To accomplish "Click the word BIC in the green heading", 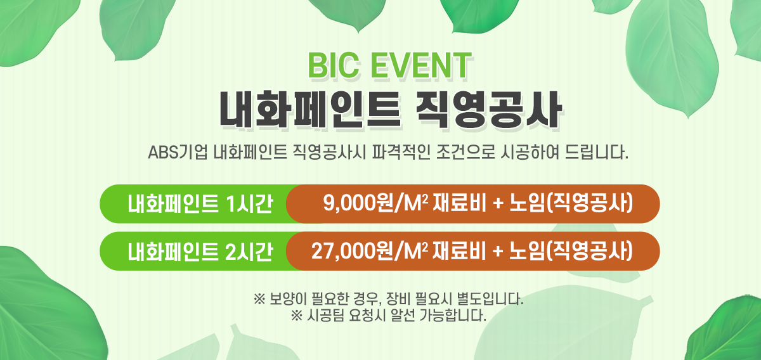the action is coord(334,65).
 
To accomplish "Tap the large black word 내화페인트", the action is coord(310,110).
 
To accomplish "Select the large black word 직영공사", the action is coord(489,110).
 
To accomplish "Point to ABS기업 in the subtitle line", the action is coord(178,153).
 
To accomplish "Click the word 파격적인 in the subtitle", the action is coord(401,153).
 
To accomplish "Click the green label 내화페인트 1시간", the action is coord(200,204).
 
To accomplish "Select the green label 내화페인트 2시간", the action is coord(200,252).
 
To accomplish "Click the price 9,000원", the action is coord(358,203).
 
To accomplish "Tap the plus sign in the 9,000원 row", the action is coord(498,205).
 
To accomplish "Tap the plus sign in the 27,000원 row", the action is coord(498,252).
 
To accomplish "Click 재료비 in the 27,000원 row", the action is coord(459,252).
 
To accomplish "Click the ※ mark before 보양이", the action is coord(259,299).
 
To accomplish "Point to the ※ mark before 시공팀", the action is coord(297,316).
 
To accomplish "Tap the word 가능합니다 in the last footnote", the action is coord(453,316).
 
